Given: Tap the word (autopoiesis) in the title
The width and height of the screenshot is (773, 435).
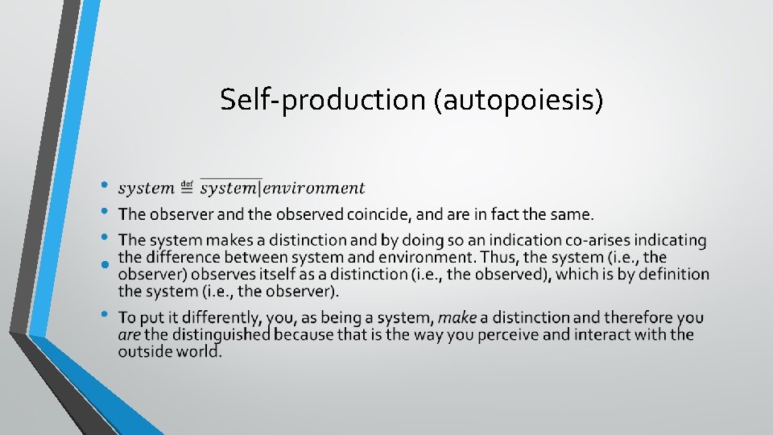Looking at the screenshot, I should click(519, 100).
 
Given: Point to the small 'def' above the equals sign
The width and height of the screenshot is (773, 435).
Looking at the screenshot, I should click(187, 183).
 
